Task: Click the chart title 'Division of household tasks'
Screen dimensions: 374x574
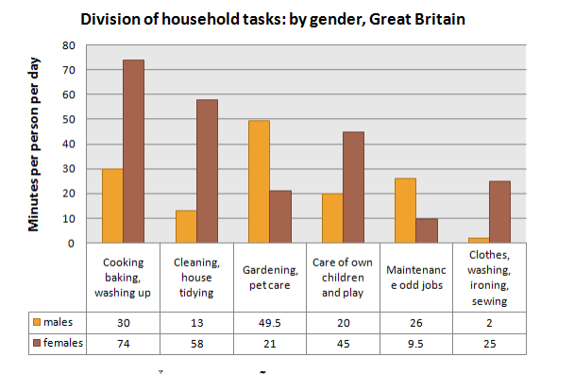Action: click(273, 19)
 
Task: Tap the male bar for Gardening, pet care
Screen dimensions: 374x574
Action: click(258, 181)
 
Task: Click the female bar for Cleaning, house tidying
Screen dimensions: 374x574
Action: click(206, 171)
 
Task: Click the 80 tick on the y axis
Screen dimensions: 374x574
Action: click(68, 45)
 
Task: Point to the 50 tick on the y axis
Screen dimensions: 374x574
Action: click(68, 119)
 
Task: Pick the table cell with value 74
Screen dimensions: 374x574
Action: click(122, 344)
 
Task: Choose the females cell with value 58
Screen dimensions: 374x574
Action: click(195, 344)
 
